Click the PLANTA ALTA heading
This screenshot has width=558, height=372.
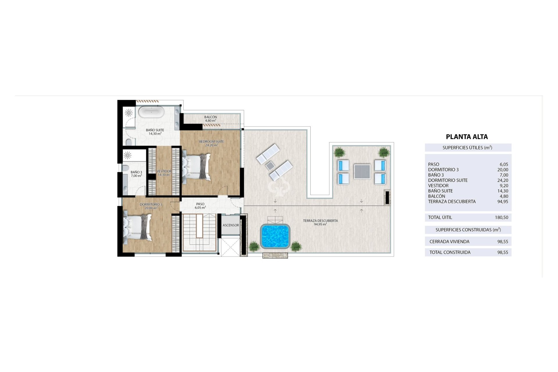(467, 137)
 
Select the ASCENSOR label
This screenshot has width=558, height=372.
(231, 225)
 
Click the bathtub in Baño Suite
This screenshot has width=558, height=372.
(151, 112)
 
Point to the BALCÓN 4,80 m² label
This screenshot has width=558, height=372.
(211, 119)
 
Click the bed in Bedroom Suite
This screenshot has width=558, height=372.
(196, 167)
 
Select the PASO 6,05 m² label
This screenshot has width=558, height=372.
(200, 206)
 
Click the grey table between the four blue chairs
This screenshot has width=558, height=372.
(362, 172)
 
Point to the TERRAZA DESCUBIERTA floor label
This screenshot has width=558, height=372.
(320, 222)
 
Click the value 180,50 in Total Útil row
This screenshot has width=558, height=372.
(501, 217)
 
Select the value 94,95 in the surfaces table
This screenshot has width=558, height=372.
(502, 201)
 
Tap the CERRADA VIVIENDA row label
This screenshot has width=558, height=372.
(449, 242)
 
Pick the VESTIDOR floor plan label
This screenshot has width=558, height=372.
(164, 173)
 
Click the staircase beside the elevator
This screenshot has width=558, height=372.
(199, 233)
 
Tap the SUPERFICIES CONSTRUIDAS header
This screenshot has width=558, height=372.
(468, 230)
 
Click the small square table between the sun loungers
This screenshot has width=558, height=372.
(270, 166)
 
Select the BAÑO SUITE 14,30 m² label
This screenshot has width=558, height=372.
(155, 132)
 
